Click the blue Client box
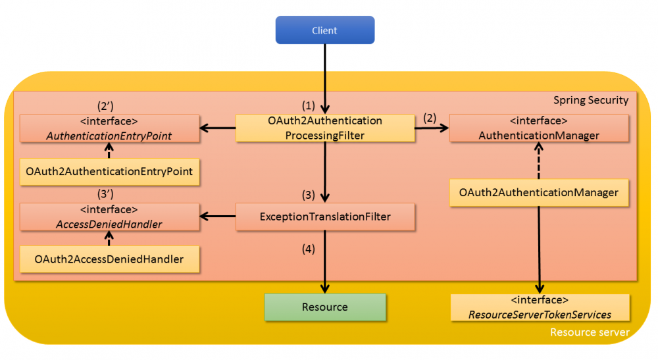coord(324,30)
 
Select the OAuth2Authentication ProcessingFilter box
coord(324,128)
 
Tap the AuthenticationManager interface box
coord(539,128)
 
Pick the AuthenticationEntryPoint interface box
coord(109,128)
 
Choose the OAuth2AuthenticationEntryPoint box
coord(109,171)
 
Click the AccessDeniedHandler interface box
coord(109,217)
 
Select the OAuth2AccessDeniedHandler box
coord(109,259)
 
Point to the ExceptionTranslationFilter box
coord(324,217)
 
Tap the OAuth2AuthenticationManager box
coord(539,193)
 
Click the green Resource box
coord(324,307)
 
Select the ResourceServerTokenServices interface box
coord(539,307)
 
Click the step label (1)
coord(309,105)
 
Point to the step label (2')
coord(107,105)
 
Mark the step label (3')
coord(107,194)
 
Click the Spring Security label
coord(590,101)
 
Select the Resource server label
coord(589,332)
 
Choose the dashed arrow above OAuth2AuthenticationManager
coord(539,161)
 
